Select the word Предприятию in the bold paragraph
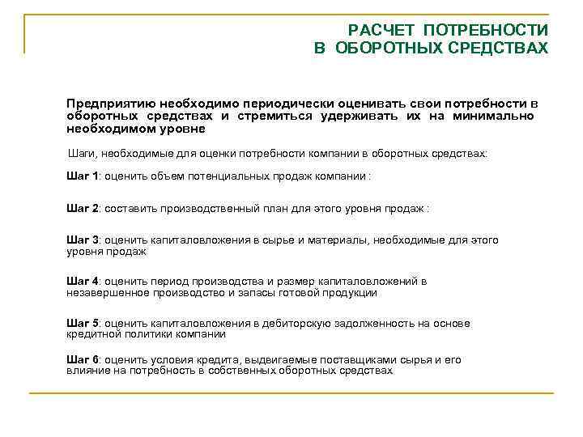111,105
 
